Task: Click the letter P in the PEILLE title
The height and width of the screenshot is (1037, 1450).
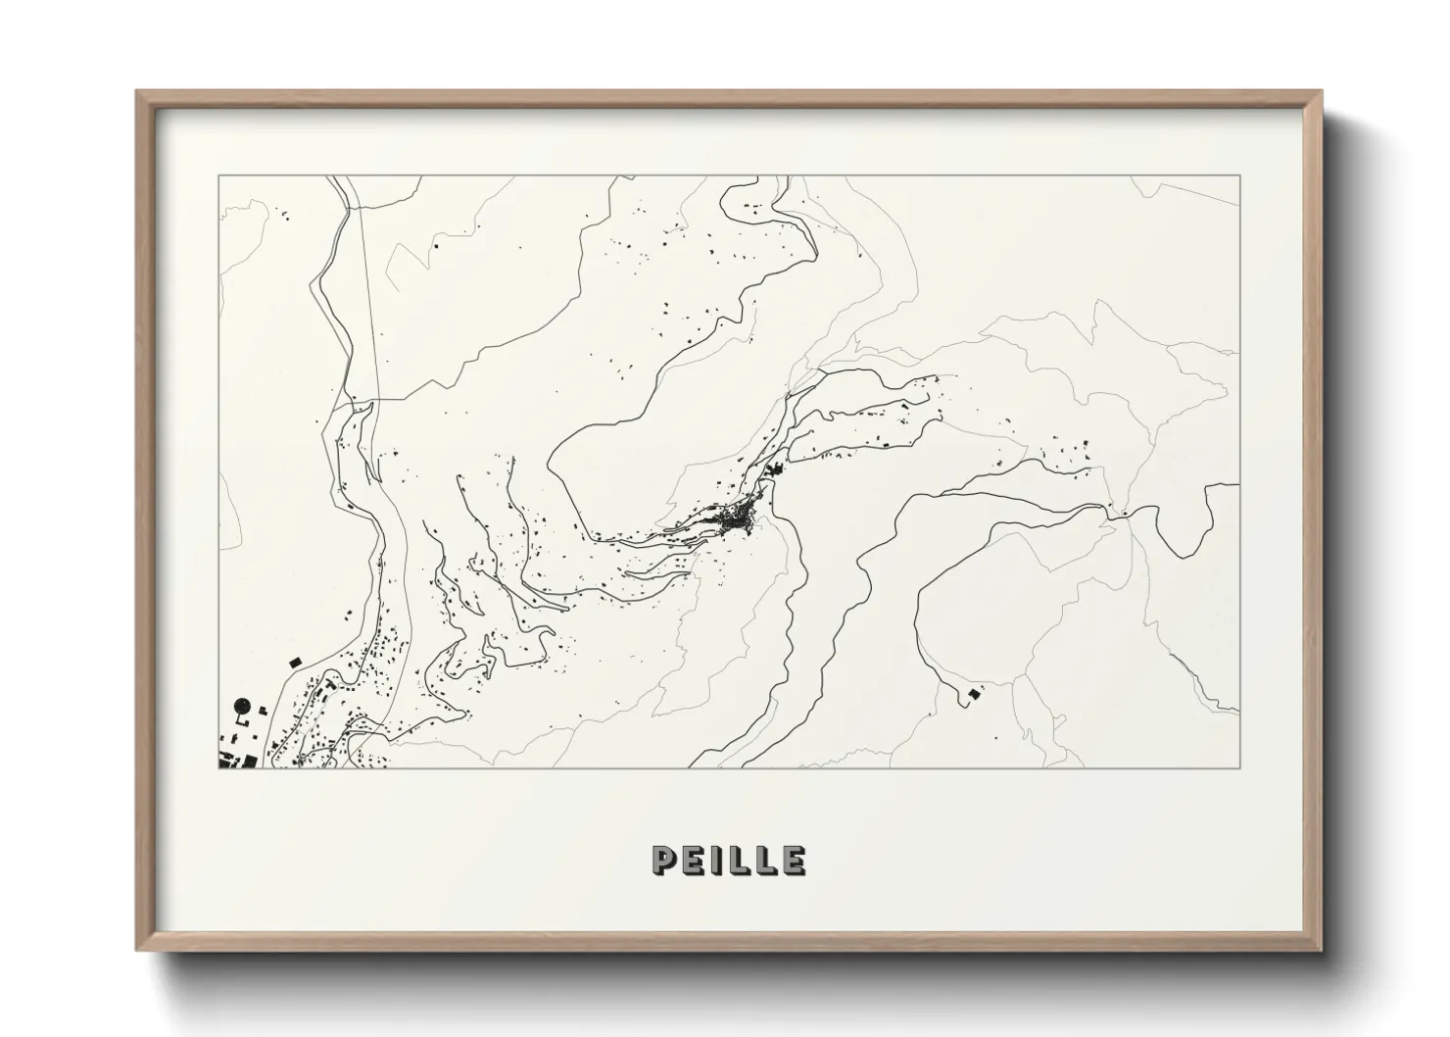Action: coord(663,860)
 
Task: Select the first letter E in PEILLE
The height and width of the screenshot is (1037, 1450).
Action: coord(692,860)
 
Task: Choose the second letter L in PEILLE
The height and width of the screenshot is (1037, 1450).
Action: coord(765,860)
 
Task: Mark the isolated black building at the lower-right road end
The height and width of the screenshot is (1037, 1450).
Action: coord(973,694)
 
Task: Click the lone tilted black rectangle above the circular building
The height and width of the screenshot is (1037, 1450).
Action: coord(294,663)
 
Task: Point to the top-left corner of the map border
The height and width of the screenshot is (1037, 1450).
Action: coord(218,176)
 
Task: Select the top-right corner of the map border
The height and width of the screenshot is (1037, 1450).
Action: coord(1240,176)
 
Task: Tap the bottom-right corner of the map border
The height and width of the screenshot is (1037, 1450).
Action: coord(1240,767)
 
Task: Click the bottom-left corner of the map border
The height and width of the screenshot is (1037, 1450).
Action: coord(218,767)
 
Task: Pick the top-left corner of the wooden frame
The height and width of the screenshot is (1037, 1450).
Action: coord(136,91)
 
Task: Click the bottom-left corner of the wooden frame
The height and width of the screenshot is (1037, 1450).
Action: coord(136,951)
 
